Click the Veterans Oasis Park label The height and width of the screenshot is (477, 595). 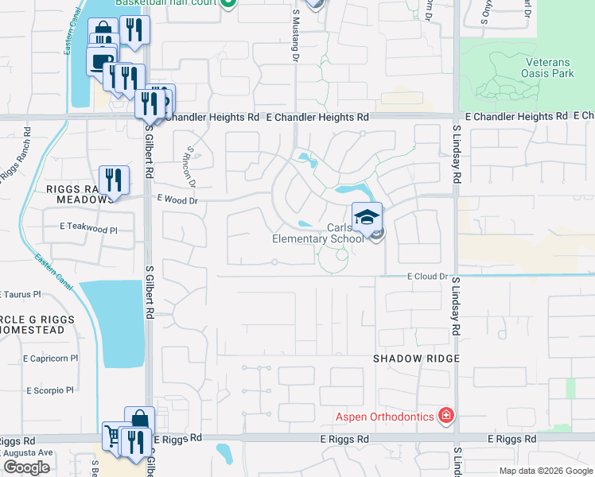coord(549,67)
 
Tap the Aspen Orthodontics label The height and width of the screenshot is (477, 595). coord(384,416)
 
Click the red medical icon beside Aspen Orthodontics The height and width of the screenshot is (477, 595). coord(446,416)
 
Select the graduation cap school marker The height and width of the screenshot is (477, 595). coord(367,217)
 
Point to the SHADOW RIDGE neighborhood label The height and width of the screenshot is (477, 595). coord(417,359)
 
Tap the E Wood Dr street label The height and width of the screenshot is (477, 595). coord(177,200)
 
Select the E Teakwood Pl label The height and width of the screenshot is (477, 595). coord(88,227)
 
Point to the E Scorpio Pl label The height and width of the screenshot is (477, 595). coord(49,390)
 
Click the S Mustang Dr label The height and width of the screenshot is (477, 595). coord(295,25)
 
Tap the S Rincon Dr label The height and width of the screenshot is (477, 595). coord(190,163)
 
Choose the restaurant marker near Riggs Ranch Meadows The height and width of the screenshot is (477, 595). coord(113,180)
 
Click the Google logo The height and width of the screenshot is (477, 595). coord(26,467)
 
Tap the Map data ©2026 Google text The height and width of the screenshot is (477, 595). coord(545,471)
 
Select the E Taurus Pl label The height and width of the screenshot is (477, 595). coord(20,293)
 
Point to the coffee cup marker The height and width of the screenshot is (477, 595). coord(100,60)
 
